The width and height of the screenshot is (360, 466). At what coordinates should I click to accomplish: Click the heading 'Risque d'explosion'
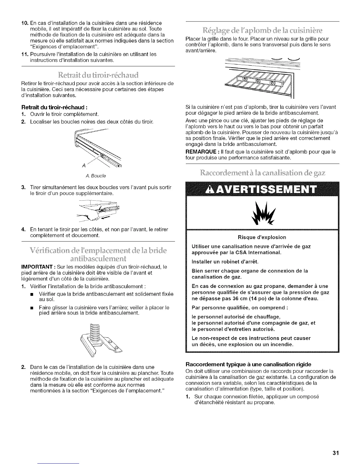click(262, 237)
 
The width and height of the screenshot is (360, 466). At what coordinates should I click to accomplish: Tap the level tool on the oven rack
click(258, 80)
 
